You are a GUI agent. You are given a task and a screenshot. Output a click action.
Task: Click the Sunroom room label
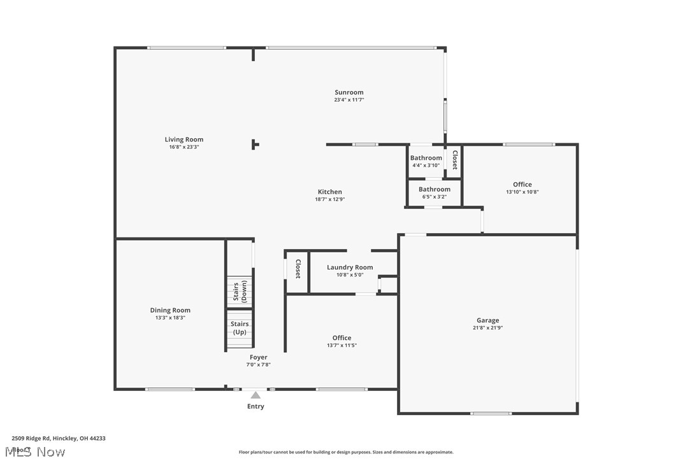click(349, 92)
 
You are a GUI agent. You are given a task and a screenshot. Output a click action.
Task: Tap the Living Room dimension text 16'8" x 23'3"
click(184, 147)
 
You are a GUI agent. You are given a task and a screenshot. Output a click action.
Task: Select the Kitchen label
click(330, 192)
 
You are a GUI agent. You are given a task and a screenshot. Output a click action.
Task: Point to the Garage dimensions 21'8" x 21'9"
click(488, 328)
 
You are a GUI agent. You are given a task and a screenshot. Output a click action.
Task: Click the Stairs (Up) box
click(240, 329)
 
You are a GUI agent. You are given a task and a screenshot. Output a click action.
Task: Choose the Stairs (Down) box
click(240, 292)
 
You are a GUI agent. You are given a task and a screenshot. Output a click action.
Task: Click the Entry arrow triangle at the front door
click(256, 395)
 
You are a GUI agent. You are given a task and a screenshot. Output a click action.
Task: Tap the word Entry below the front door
click(256, 406)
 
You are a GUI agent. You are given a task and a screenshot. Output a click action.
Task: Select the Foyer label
click(259, 357)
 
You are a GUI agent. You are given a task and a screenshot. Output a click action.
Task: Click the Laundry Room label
click(350, 267)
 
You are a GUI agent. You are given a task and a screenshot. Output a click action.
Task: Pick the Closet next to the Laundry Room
click(297, 269)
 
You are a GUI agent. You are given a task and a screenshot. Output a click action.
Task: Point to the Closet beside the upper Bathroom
click(454, 159)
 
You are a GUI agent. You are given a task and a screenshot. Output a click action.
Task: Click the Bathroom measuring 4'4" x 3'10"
click(426, 162)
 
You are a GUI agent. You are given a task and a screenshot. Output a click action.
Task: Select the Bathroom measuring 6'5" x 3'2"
click(435, 192)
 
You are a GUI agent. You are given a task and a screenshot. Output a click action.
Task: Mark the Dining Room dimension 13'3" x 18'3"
click(171, 318)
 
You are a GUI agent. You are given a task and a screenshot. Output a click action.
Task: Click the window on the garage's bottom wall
click(491, 414)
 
